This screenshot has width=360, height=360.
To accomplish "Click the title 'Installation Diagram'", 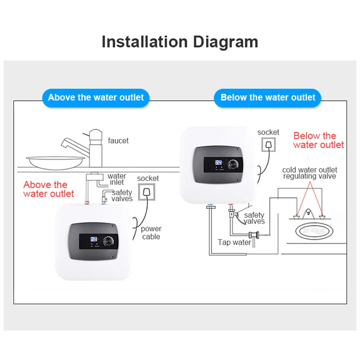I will [180, 42].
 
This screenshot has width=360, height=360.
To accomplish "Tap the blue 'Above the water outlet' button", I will [96, 98].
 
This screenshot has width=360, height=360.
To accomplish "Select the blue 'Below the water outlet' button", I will [268, 98].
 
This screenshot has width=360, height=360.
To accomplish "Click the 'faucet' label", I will [118, 141].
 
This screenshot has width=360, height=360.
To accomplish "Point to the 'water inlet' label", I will [117, 179].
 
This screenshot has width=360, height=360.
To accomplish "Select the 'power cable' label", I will [151, 233].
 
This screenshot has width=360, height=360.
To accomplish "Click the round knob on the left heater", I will [108, 241].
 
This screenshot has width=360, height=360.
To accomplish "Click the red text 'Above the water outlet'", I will [48, 189].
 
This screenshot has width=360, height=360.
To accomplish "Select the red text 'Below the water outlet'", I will [318, 140].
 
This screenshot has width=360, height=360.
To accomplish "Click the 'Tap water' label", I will [234, 243].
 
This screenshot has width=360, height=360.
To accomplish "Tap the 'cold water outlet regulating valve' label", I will [310, 173].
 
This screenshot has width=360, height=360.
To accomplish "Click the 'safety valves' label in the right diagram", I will [254, 218].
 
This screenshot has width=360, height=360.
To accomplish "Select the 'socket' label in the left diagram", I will [148, 179].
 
